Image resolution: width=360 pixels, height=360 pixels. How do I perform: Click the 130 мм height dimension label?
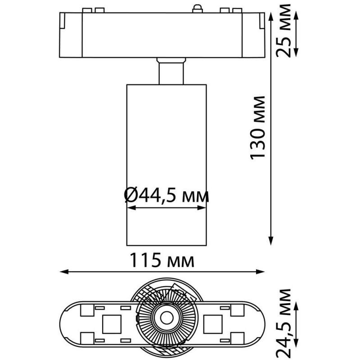coord(257,128)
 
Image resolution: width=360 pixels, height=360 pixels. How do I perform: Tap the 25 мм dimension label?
coord(283,31)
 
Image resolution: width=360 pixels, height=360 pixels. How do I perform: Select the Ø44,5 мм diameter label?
coord(166,195)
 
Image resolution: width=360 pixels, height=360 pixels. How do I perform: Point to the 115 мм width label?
coord(162,260)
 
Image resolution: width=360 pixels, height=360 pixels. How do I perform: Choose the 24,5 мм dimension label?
coord(283,324)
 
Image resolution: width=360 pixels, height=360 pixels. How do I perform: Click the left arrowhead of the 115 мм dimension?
coord(64,272)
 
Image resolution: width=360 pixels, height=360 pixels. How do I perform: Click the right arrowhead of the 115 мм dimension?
coord(261,272)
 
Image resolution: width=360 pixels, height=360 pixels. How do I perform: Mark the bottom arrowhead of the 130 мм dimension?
coord(271,241)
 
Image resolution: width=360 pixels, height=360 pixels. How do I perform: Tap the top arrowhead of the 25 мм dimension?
coord(296,16)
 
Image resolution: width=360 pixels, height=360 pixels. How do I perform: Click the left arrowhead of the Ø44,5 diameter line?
coord(131,208)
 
